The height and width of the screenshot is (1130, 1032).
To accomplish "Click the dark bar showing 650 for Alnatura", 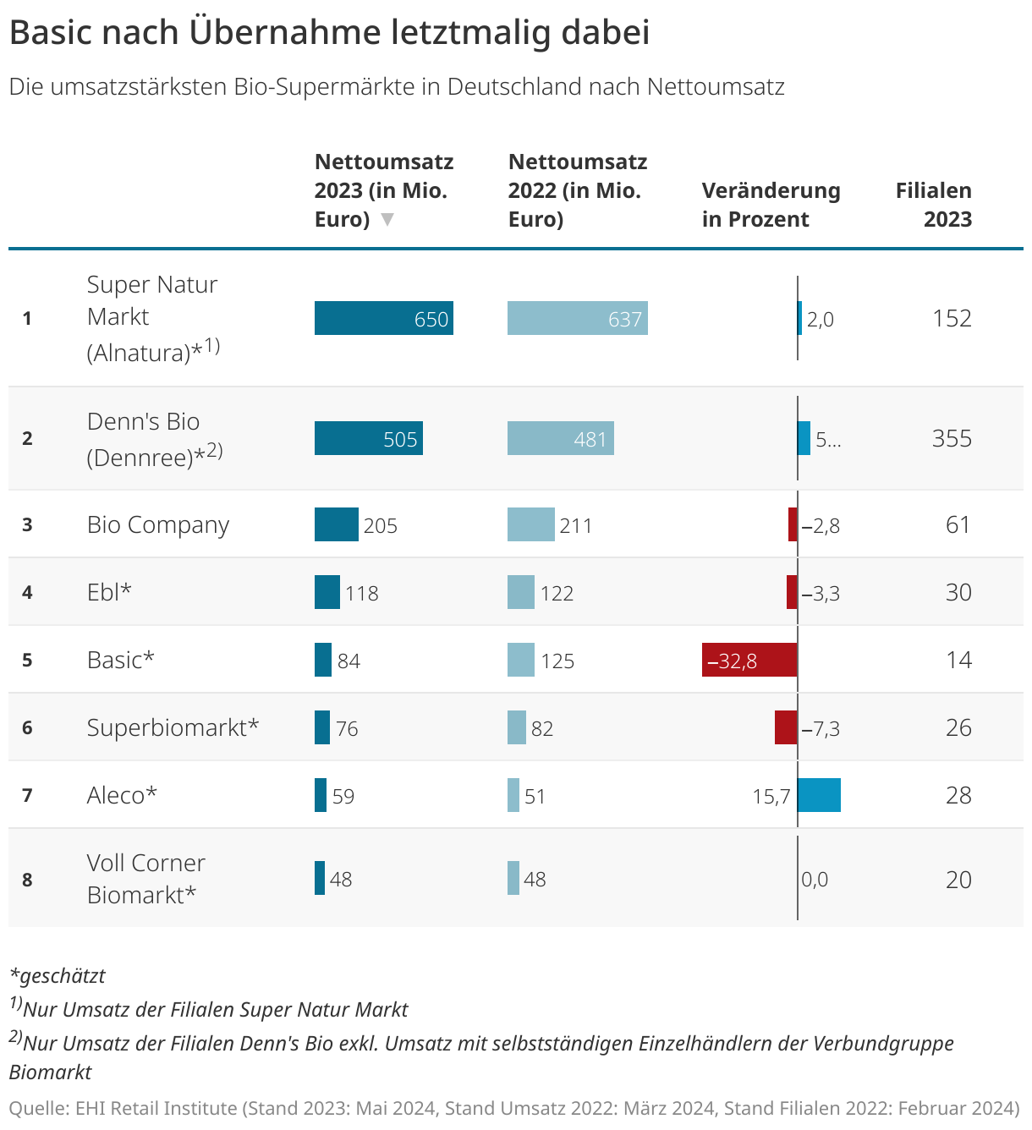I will pos(383,318).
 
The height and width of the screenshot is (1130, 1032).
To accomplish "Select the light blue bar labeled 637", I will pos(577,318).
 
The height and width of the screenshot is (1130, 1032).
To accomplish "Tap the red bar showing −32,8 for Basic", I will pos(749,660).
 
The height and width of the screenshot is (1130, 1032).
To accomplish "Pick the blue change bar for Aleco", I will pos(819,795).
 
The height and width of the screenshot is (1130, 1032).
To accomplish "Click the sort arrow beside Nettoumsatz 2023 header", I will pos(387,220).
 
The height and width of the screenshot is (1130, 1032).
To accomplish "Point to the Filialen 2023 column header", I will pos(933,205).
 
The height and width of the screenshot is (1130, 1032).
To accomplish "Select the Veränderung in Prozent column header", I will pos(771,205).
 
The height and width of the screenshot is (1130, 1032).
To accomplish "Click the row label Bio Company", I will pos(158,524).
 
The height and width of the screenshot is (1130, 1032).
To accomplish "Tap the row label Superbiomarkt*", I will pos(173,727).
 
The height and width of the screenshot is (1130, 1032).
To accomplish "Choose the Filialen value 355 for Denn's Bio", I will pos(952,438).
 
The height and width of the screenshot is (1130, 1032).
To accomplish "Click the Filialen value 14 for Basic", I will pos(958,660).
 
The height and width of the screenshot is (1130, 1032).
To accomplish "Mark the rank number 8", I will pos(27,880).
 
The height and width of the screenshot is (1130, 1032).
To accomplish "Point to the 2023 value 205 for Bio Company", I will pos(380,525).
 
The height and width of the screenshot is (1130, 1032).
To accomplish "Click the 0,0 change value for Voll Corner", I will pos(815,880).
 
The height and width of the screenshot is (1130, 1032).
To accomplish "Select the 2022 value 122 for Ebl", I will pos(557,593).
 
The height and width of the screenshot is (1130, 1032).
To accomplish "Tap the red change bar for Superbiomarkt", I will pos(785,727).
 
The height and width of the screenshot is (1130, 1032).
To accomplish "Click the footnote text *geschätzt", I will pos(58,975).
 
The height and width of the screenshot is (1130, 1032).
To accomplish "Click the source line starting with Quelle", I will pos(514,1108).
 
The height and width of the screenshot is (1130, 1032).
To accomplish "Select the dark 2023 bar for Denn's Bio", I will pos(368,438).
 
